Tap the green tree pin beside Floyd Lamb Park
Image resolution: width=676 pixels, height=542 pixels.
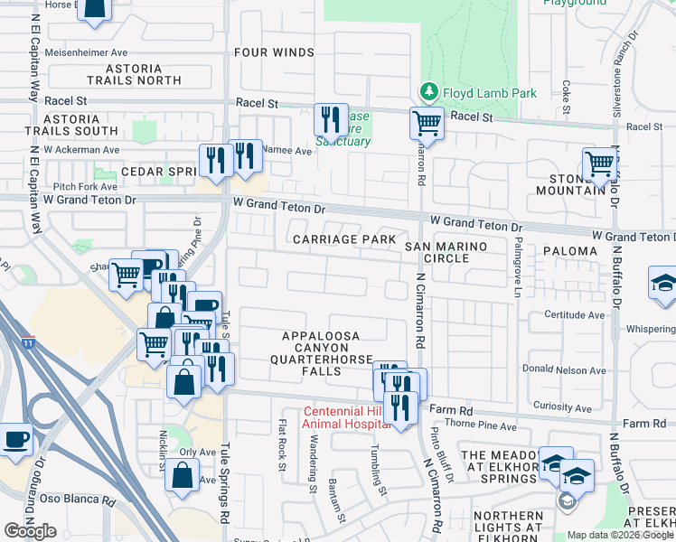click(427, 93)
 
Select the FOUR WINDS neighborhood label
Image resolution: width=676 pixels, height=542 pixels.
click(274, 52)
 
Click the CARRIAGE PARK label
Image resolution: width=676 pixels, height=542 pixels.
click(343, 239)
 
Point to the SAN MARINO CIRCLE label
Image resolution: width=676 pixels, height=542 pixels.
click(446, 252)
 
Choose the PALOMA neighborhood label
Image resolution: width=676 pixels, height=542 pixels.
click(570, 251)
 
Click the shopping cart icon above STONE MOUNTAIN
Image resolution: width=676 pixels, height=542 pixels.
click(599, 164)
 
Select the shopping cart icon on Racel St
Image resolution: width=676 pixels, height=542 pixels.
click(427, 122)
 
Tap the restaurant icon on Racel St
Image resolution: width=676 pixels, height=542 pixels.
click(331, 118)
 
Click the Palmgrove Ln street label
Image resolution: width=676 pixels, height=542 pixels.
click(518, 268)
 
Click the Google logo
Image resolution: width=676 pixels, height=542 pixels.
click(30, 530)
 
